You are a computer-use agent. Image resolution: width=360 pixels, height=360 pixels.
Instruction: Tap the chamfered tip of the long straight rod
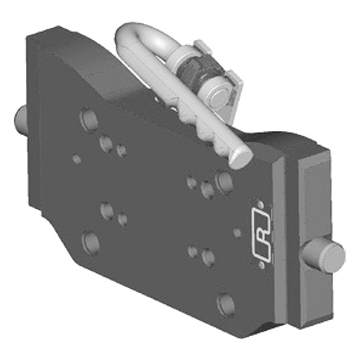click(243, 156)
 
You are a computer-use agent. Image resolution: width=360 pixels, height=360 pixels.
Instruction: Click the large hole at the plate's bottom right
click(226, 303)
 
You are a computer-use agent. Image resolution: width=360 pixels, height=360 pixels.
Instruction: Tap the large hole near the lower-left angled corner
click(90, 242)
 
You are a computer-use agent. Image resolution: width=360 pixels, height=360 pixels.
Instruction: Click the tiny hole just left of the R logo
click(238, 233)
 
